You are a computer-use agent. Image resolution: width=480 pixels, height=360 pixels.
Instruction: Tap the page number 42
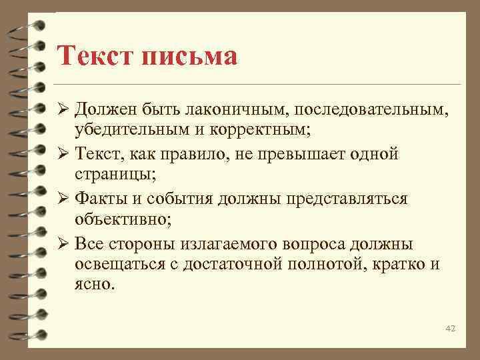pyautogui.click(x=449, y=329)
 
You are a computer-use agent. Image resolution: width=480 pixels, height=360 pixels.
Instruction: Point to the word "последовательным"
pyautogui.click(x=367, y=109)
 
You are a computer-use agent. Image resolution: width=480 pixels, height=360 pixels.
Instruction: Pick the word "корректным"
pyautogui.click(x=265, y=131)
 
